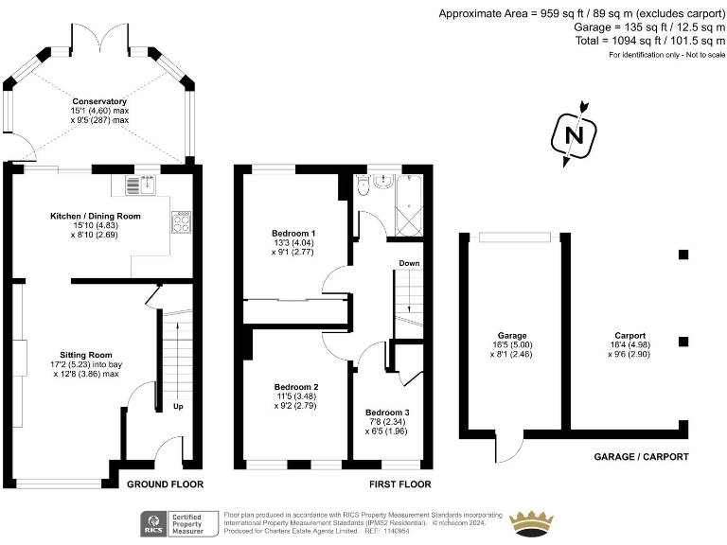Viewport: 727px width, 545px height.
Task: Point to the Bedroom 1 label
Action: coord(294,234)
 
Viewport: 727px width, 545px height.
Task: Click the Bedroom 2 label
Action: coord(296,387)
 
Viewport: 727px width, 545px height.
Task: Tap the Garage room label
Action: coord(512,336)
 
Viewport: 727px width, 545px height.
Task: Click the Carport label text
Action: coord(629,336)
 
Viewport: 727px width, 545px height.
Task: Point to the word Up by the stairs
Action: coord(179,408)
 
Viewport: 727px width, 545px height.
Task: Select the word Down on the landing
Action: coord(409,263)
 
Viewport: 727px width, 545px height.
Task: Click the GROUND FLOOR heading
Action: coord(166,484)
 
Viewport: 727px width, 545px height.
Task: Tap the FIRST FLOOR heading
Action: coord(401,484)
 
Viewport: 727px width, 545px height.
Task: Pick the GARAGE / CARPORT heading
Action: coord(641,457)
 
